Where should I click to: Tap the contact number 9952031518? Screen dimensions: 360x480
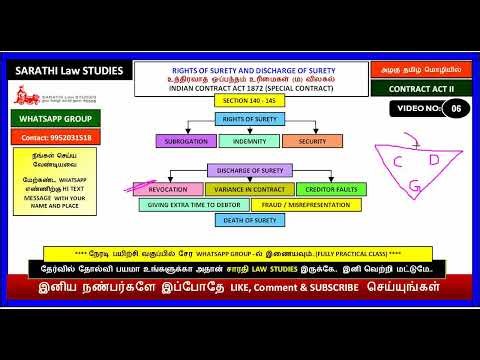click(55, 136)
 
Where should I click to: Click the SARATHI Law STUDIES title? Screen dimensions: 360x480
click(68, 71)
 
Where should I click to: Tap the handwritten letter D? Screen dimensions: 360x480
click(433, 159)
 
